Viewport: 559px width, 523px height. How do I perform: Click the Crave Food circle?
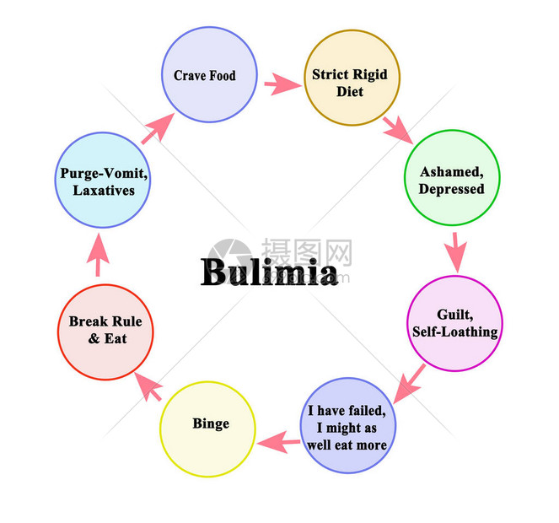(x=204, y=75)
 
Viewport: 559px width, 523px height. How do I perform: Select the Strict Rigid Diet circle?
(x=349, y=82)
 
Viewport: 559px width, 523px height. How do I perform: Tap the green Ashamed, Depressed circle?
(x=451, y=178)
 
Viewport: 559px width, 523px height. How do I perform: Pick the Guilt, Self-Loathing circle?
(x=454, y=323)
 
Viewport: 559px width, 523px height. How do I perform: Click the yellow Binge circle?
(x=208, y=429)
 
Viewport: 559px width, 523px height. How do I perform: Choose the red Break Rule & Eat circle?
(x=105, y=332)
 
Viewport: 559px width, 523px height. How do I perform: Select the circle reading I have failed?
(x=347, y=426)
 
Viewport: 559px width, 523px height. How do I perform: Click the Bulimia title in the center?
(x=269, y=272)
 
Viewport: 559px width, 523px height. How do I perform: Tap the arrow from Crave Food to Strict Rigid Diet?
(x=282, y=84)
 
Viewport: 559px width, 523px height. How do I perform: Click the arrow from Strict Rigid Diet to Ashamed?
(x=395, y=129)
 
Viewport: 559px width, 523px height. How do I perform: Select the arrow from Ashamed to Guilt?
(x=455, y=251)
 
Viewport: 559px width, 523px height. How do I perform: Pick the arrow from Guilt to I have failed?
(x=409, y=384)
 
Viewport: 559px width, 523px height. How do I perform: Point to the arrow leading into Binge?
(x=278, y=440)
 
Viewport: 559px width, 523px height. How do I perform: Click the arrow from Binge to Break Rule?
(x=148, y=386)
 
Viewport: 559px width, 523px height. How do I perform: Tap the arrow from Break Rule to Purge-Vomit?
(x=99, y=254)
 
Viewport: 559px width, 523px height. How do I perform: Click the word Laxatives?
(x=104, y=191)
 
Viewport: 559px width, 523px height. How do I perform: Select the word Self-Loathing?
(x=454, y=332)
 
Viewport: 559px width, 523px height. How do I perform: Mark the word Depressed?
(x=451, y=188)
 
